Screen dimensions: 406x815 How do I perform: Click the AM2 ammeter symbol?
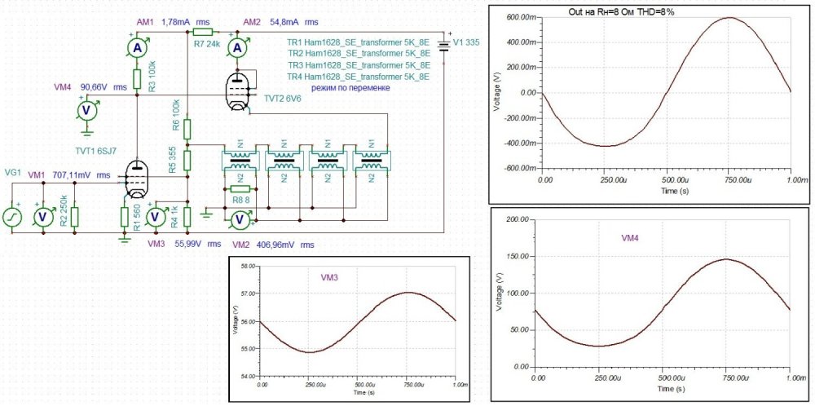(x=237, y=49)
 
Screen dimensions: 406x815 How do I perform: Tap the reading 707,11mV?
(x=72, y=175)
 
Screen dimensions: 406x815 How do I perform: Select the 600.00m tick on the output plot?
(x=518, y=17)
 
